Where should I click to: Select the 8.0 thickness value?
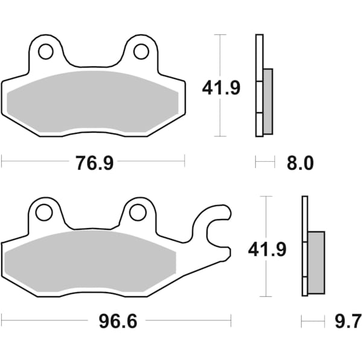[300, 163]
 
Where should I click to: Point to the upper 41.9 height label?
[221, 89]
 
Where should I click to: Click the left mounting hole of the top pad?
[46, 52]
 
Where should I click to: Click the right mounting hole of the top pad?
[141, 52]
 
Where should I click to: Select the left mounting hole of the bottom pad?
[43, 212]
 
